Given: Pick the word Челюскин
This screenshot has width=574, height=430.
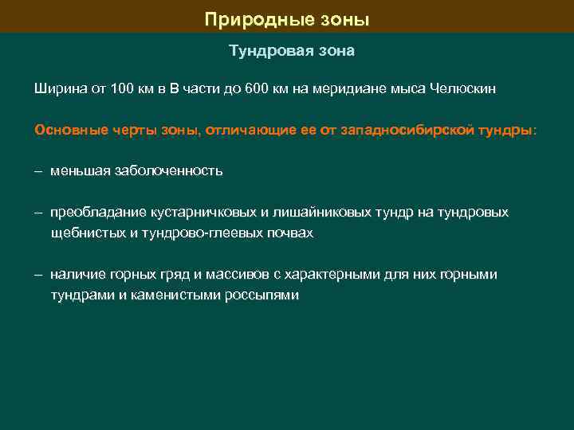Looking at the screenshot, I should point(462,89).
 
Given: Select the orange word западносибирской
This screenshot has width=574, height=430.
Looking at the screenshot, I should point(408,130).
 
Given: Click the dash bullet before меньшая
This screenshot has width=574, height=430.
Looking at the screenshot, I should point(38,171).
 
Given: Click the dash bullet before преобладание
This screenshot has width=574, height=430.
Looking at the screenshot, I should point(38,213).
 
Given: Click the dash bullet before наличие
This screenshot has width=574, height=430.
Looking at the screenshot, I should point(38,275).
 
